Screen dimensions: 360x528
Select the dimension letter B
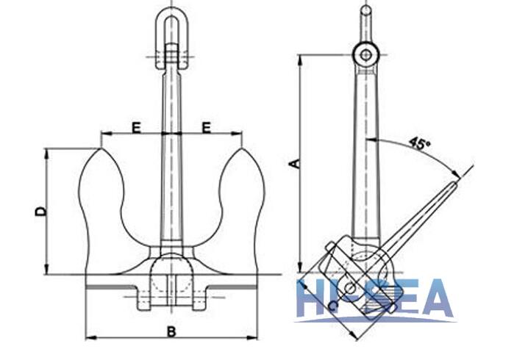pyautogui.click(x=171, y=331)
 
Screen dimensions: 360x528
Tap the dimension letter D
pyautogui.click(x=41, y=212)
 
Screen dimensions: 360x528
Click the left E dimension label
pyautogui.click(x=136, y=128)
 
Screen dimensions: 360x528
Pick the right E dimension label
pyautogui.click(x=207, y=128)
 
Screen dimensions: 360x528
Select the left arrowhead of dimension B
pyautogui.click(x=89, y=338)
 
